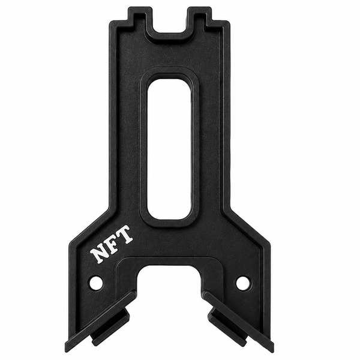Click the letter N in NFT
(x=99, y=254)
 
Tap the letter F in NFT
(x=111, y=244)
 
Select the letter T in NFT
(x=124, y=234)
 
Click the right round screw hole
(x=243, y=282)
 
